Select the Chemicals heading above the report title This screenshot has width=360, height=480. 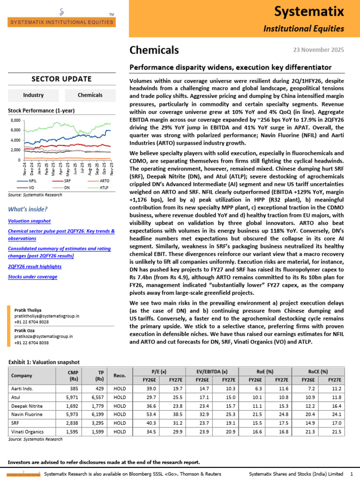click(x=154, y=50)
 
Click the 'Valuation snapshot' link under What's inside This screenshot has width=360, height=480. click(x=30, y=220)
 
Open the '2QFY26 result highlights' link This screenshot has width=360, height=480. click(x=35, y=266)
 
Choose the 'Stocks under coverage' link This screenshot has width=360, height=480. click(x=32, y=277)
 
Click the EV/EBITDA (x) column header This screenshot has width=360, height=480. click(x=215, y=371)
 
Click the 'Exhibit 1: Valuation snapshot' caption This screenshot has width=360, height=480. click(x=44, y=362)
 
